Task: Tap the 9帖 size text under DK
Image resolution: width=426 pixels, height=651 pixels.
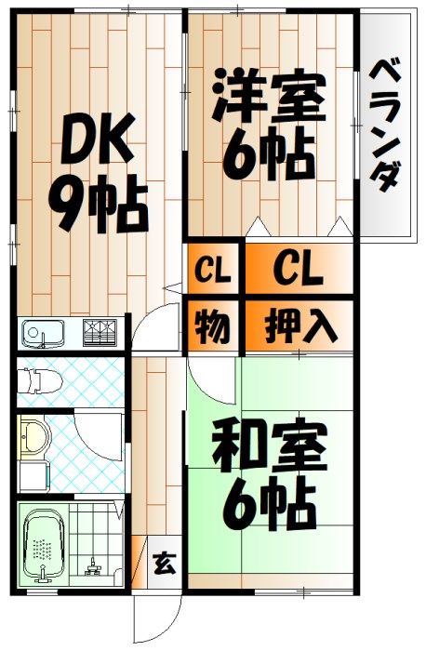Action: tap(99, 206)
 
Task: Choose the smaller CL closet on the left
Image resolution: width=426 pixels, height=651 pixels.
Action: tap(213, 272)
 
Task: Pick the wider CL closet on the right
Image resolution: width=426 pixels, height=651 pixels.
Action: tap(298, 271)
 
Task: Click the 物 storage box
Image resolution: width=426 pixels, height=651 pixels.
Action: tap(213, 325)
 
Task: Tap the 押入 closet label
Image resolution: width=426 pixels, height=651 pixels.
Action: tap(298, 325)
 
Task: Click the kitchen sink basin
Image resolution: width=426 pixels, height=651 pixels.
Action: tap(41, 331)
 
